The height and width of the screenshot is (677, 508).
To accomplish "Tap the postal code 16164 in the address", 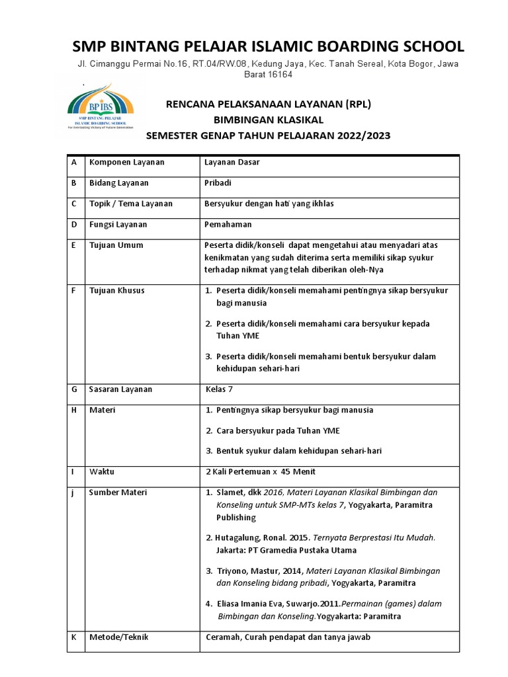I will [x=280, y=75].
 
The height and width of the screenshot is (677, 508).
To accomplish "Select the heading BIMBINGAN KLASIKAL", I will [x=268, y=120].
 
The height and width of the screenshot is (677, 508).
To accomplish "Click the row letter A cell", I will [x=75, y=163].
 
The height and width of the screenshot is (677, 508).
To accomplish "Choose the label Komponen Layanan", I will [x=127, y=163].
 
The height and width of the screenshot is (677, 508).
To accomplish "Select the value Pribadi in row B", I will [x=218, y=183].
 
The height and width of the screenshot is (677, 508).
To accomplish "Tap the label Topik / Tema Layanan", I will [x=131, y=204].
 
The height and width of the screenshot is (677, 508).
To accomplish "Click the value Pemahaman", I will [x=228, y=225].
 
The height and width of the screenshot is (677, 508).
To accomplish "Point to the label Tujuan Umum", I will [x=116, y=245].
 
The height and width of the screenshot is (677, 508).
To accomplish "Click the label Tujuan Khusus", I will [x=117, y=291].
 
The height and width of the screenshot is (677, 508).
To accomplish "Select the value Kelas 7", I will [x=220, y=389].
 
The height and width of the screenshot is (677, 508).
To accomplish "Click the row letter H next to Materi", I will [x=75, y=410].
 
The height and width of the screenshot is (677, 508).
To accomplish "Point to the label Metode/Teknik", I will [x=119, y=637].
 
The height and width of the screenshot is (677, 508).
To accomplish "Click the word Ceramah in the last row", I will [x=223, y=637].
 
